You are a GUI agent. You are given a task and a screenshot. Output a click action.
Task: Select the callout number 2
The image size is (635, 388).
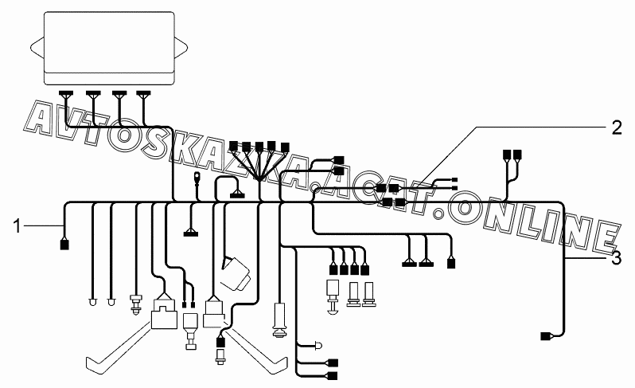click(x=616, y=127)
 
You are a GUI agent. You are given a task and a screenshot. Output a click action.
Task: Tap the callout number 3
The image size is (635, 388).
click(x=616, y=258)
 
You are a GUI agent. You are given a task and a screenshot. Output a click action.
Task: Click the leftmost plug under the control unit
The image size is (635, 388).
click(x=65, y=94)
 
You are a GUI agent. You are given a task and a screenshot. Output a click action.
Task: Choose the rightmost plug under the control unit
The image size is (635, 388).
click(x=143, y=94)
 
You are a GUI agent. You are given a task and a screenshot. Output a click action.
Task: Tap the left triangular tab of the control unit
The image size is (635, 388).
click(x=35, y=48)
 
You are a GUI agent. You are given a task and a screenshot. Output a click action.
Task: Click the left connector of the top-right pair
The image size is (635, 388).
click(x=506, y=155)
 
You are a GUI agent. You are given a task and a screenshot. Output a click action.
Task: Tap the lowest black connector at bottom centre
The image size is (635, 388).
click(x=332, y=375)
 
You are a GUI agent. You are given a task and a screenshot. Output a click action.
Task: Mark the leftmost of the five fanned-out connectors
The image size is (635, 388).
click(x=233, y=147)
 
